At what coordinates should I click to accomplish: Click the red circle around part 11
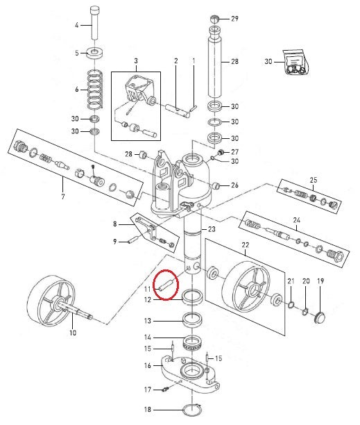point(166,284)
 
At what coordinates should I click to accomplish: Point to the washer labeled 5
point(92,53)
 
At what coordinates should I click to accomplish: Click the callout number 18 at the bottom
point(148,411)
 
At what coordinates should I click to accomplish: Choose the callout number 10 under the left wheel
point(73,333)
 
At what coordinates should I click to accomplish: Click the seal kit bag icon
point(294,62)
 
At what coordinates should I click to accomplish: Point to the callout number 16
point(147,365)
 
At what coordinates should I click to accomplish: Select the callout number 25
point(314,180)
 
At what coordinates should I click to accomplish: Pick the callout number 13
point(147,321)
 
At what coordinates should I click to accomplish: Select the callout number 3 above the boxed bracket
point(136,61)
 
